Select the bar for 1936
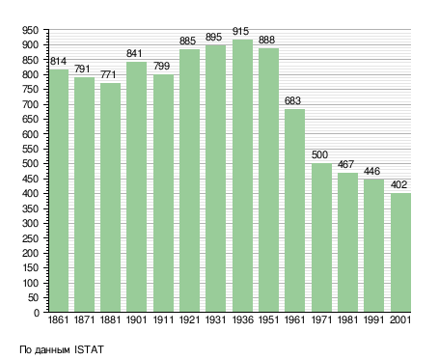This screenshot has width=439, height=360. click(242, 176)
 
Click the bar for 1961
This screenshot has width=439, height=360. click(294, 210)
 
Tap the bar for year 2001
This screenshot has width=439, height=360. click(400, 253)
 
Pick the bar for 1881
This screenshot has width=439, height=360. click(110, 198)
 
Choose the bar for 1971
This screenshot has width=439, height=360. click(321, 237)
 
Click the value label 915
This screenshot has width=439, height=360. click(240, 31)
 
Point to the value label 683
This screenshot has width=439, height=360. click(292, 100)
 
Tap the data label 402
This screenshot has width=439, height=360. click(398, 184)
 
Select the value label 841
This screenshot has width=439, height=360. click(134, 53)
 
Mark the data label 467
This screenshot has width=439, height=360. click(345, 164)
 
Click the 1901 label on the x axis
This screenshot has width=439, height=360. click(136, 319)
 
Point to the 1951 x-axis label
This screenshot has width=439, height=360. click(268, 319)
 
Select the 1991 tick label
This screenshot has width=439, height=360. click(373, 319)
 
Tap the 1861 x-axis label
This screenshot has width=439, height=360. click(58, 319)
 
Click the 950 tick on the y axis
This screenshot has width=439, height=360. click(30, 30)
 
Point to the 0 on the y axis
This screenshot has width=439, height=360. click(37, 313)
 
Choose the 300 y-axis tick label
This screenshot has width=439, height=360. click(30, 223)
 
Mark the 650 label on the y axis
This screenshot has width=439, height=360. click(30, 119)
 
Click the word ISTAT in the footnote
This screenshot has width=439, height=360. click(89, 349)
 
